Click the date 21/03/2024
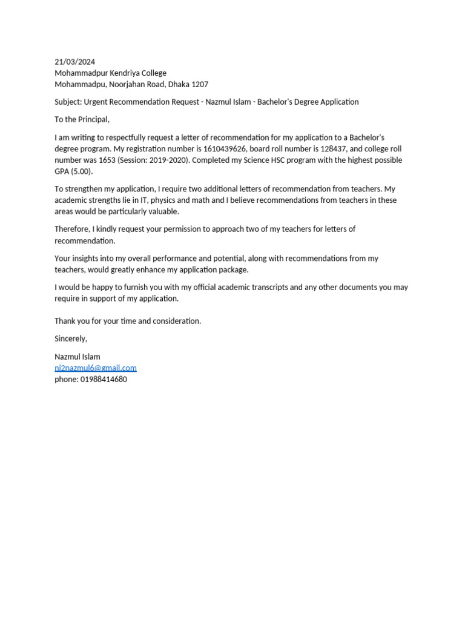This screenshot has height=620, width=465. point(74,62)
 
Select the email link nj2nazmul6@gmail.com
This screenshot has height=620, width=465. point(96,368)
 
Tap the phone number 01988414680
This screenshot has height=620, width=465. point(104,379)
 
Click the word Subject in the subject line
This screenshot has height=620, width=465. point(68,102)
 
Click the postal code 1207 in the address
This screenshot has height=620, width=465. point(200,84)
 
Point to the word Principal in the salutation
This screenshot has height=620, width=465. point(93,119)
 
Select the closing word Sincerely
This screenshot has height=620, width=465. point(71,338)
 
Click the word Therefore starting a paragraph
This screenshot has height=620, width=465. point(73,229)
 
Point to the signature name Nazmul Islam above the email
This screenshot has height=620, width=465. point(77,357)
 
